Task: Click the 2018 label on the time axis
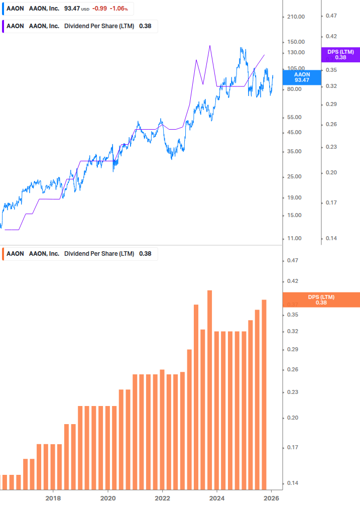pyautogui.click(x=53, y=498)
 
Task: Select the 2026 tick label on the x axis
pyautogui.click(x=272, y=498)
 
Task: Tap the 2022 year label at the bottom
pyautogui.click(x=162, y=498)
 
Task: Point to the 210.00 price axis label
pyautogui.click(x=295, y=17)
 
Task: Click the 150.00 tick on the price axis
pyautogui.click(x=295, y=42)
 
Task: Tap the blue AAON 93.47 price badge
pyautogui.click(x=301, y=77)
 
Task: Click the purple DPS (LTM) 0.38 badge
pyautogui.click(x=340, y=54)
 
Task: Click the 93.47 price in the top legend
pyautogui.click(x=73, y=9)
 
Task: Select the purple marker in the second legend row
pyautogui.click(x=3, y=26)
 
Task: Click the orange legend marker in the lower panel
pyautogui.click(x=3, y=253)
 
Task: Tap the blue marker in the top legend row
pyautogui.click(x=3, y=9)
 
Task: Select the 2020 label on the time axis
pyautogui.click(x=107, y=498)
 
